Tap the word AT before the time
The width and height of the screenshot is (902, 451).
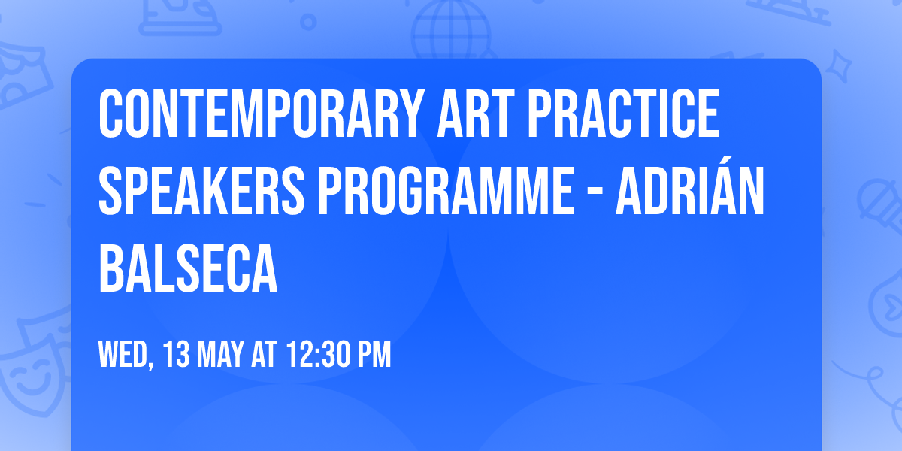(265, 356)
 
